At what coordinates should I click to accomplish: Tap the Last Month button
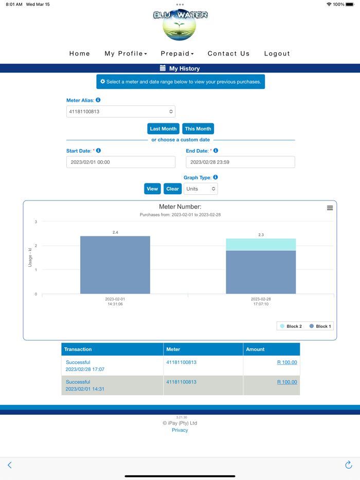tap(163, 129)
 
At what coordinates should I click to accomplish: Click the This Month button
tap(198, 129)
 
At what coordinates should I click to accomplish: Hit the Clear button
tap(173, 189)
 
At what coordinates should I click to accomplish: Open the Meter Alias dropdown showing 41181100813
tap(121, 112)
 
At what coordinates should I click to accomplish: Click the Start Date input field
tap(121, 162)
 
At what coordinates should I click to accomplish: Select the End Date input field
tap(240, 162)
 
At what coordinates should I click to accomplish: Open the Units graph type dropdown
tap(201, 189)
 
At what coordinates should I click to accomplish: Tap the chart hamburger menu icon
tap(330, 208)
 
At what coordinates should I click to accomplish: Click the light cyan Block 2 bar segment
tap(261, 245)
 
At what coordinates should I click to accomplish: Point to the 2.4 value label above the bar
tap(115, 233)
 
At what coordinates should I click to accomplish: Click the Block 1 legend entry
tap(320, 326)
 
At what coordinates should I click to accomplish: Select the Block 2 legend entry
tap(291, 326)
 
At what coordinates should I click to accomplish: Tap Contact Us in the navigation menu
tap(229, 53)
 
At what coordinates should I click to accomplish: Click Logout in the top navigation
tap(277, 53)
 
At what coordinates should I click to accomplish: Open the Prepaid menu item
tap(177, 53)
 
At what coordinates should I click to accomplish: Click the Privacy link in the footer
tap(180, 430)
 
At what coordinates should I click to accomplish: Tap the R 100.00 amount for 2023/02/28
tap(287, 362)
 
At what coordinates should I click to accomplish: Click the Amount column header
tap(255, 349)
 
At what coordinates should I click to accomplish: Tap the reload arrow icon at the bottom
tap(348, 465)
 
